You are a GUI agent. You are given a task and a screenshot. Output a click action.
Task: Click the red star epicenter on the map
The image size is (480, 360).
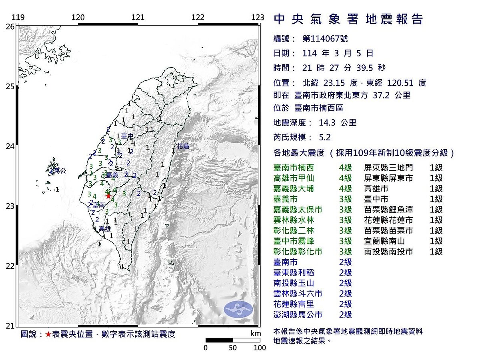pyautogui.click(x=108, y=196)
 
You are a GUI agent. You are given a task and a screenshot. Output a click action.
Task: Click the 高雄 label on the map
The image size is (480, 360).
pyautogui.click(x=104, y=229)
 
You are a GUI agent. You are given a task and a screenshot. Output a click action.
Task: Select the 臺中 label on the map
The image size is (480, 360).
pyautogui.click(x=127, y=136)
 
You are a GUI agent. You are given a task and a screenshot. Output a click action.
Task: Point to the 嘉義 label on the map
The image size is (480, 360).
pyautogui.click(x=112, y=175)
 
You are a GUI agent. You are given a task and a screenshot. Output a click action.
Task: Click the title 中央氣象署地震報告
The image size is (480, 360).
pyautogui.click(x=348, y=19)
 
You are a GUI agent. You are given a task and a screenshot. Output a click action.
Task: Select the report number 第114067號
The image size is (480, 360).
pyautogui.click(x=325, y=39)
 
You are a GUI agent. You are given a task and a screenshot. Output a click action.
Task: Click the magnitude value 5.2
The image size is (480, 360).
pyautogui.click(x=325, y=138)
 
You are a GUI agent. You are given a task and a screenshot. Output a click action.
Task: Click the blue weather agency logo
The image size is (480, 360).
pyautogui.click(x=238, y=309)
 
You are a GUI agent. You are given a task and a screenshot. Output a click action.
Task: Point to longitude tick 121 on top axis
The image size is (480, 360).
pyautogui.click(x=138, y=17)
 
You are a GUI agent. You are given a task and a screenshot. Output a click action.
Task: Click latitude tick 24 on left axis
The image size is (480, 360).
pyautogui.click(x=10, y=146)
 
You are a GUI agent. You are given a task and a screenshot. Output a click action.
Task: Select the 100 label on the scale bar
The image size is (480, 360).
pyautogui.click(x=260, y=348)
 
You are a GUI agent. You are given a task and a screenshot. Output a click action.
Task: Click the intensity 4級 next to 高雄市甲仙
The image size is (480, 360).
pyautogui.click(x=345, y=178)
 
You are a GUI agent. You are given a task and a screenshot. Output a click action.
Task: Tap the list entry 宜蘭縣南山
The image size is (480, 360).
pyautogui.click(x=384, y=241)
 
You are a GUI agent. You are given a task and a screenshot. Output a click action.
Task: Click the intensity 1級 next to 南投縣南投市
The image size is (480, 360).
pyautogui.click(x=436, y=252)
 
